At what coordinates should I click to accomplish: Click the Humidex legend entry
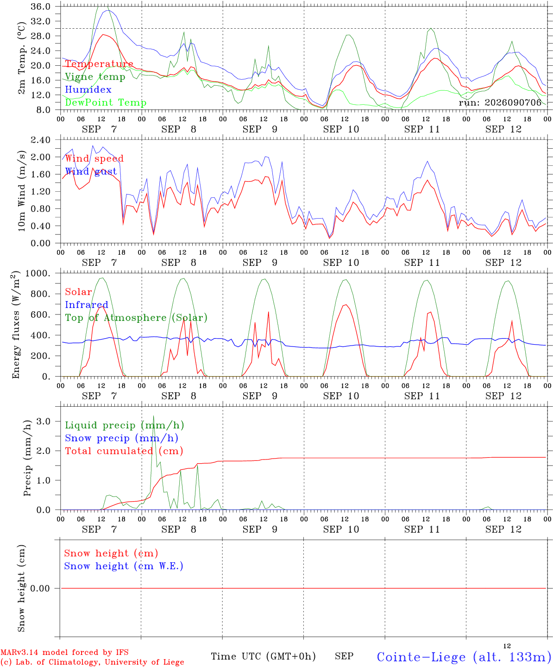[x=88, y=89]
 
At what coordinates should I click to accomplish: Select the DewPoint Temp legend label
[x=106, y=102]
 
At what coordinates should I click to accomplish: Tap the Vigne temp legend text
[x=95, y=77]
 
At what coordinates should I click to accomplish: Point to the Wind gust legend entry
[x=91, y=171]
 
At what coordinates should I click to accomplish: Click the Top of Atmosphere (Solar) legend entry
[x=136, y=318]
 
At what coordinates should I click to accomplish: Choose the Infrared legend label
[x=87, y=304]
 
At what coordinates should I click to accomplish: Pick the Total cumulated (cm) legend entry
[x=124, y=451]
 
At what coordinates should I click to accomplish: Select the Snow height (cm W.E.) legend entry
[x=123, y=566]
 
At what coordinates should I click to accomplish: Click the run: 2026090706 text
[x=500, y=102]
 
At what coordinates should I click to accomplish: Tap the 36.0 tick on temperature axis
[x=41, y=6]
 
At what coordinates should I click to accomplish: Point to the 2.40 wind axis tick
[x=41, y=140]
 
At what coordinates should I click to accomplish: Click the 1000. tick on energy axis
[x=38, y=273]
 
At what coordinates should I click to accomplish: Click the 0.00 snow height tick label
[x=40, y=588]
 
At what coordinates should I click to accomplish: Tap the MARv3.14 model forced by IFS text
[x=64, y=652]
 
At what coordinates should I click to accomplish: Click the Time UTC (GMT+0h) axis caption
[x=263, y=656]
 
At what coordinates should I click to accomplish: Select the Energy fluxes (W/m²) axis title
[x=16, y=325]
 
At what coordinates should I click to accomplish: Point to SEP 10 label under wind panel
[x=341, y=263]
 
